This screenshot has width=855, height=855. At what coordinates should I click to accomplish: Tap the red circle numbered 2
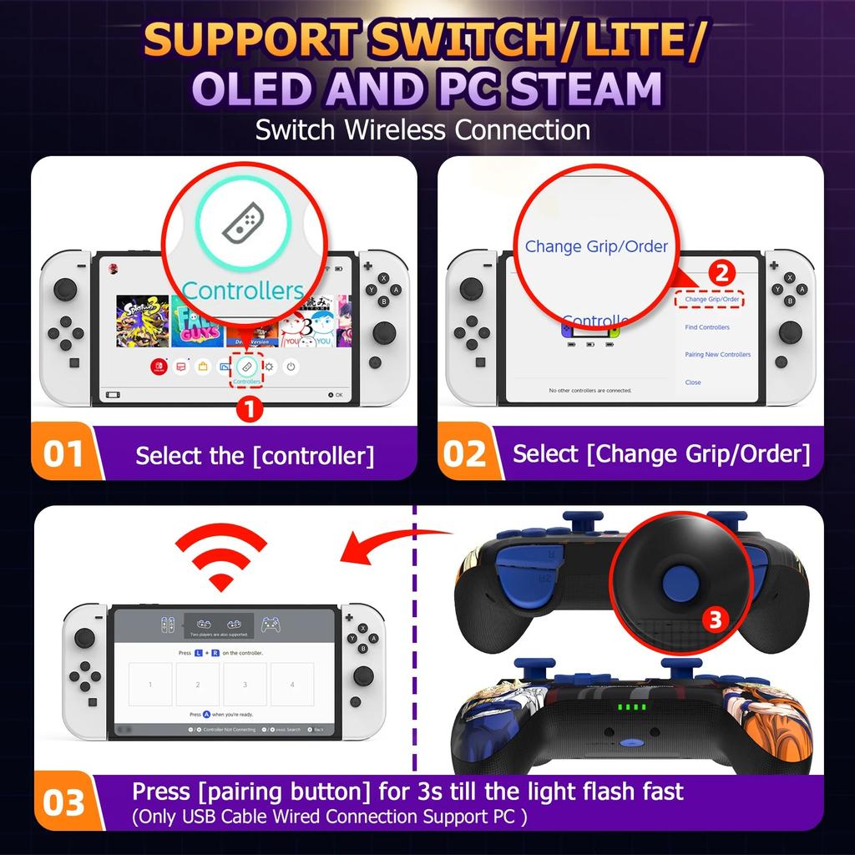coord(722,274)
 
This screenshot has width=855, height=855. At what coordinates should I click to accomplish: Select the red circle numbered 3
coord(713,619)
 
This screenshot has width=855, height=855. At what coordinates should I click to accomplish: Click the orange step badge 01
coord(63,454)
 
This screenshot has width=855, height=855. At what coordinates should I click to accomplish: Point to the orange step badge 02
coord(465,454)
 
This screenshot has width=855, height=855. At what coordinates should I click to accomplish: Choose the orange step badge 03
coord(63,802)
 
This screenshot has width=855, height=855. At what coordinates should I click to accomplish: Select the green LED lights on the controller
coord(632,708)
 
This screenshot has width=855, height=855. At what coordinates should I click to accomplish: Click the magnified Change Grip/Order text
coord(596,246)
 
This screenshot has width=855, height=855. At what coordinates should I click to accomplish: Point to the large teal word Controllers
coord(242,291)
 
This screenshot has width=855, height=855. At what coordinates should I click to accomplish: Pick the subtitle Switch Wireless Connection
coord(422,130)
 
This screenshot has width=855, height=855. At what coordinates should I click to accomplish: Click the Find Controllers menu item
coord(707,327)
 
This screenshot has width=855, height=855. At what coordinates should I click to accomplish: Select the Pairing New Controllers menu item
coord(717,355)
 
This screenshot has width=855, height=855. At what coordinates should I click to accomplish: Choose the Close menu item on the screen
coord(693,382)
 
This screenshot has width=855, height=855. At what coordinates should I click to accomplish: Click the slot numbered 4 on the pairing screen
coord(292,685)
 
